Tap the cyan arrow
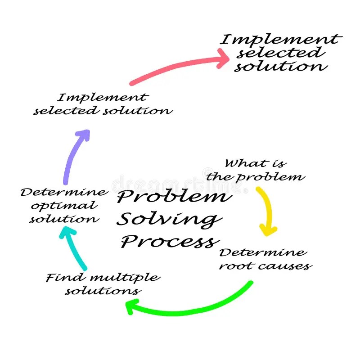pyautogui.click(x=74, y=247)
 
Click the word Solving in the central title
pyautogui.click(x=169, y=220)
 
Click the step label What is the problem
pyautogui.click(x=255, y=169)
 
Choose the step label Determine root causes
pyautogui.click(x=265, y=259)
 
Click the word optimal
pyautogui.click(x=58, y=206)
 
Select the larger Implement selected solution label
pyautogui.click(x=280, y=53)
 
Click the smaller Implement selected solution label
pyautogui.click(x=103, y=104)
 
